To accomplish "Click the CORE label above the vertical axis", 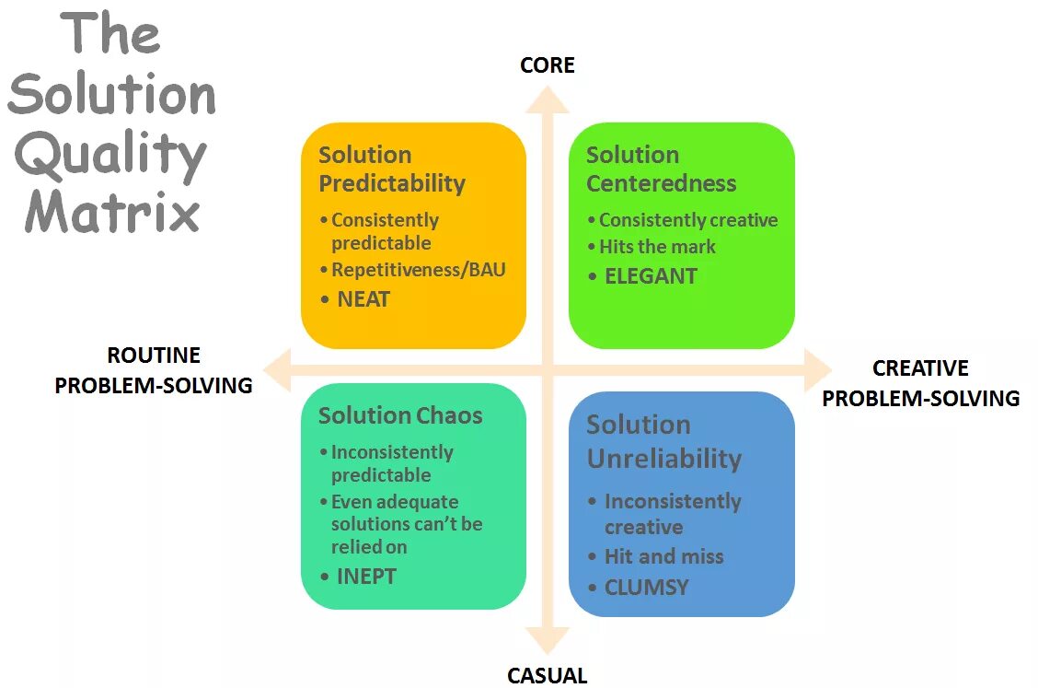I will click(x=548, y=65).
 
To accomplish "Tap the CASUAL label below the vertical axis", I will click(x=548, y=675).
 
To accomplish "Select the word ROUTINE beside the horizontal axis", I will click(x=154, y=356).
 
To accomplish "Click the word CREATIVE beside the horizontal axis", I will click(x=920, y=368).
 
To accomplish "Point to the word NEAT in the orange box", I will click(x=363, y=299).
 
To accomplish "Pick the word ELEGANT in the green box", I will click(x=651, y=276).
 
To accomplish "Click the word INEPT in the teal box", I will click(x=366, y=577).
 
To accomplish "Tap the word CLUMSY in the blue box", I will click(x=646, y=588).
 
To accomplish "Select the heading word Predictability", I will click(x=392, y=183).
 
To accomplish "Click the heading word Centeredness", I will click(x=662, y=183).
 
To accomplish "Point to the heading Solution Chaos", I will click(x=400, y=415).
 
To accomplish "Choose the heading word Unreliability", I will click(x=664, y=459).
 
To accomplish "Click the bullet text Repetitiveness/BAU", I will click(x=419, y=270).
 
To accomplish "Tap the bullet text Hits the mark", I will click(x=657, y=246).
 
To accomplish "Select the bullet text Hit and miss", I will click(x=663, y=556).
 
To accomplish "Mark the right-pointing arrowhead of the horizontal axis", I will click(x=817, y=369).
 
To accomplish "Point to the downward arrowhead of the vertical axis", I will click(x=548, y=640).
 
